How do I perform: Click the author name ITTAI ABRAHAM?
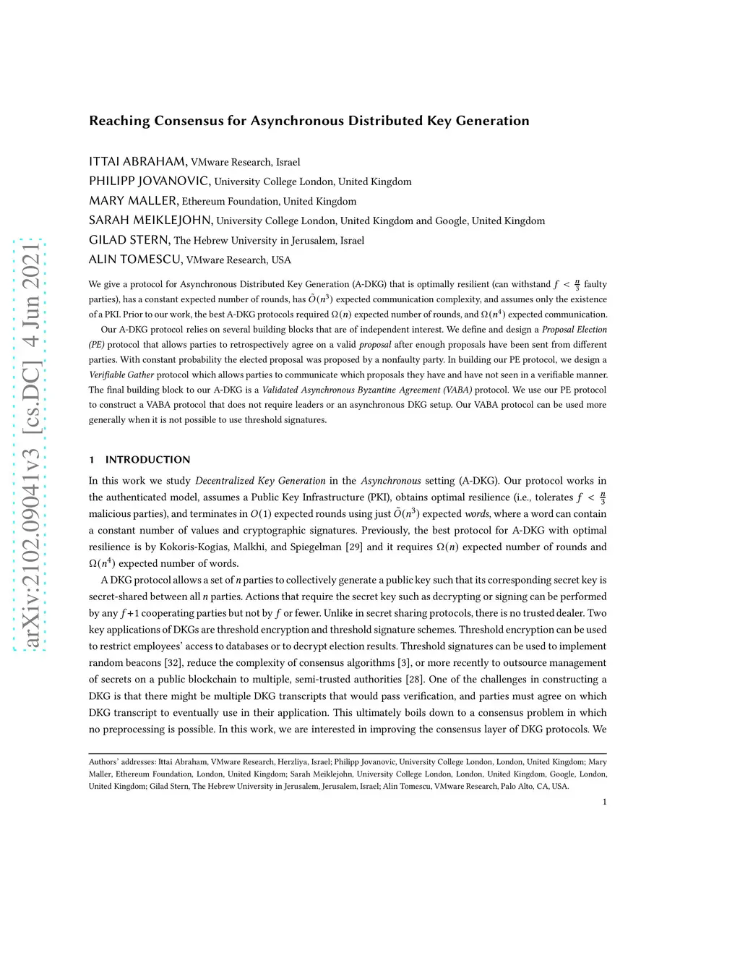(x=137, y=161)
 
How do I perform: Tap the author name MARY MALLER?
(x=133, y=200)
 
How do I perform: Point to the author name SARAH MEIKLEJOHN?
(x=150, y=220)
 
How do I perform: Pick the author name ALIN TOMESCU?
(x=135, y=259)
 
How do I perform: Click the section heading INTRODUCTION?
(x=147, y=459)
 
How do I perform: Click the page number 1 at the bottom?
(x=604, y=801)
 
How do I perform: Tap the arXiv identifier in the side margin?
(x=31, y=445)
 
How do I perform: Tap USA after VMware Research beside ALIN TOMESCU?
(x=281, y=260)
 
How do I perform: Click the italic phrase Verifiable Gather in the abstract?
(x=121, y=375)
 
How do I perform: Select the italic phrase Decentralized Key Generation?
(x=260, y=480)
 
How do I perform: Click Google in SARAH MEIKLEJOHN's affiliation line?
(x=451, y=221)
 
